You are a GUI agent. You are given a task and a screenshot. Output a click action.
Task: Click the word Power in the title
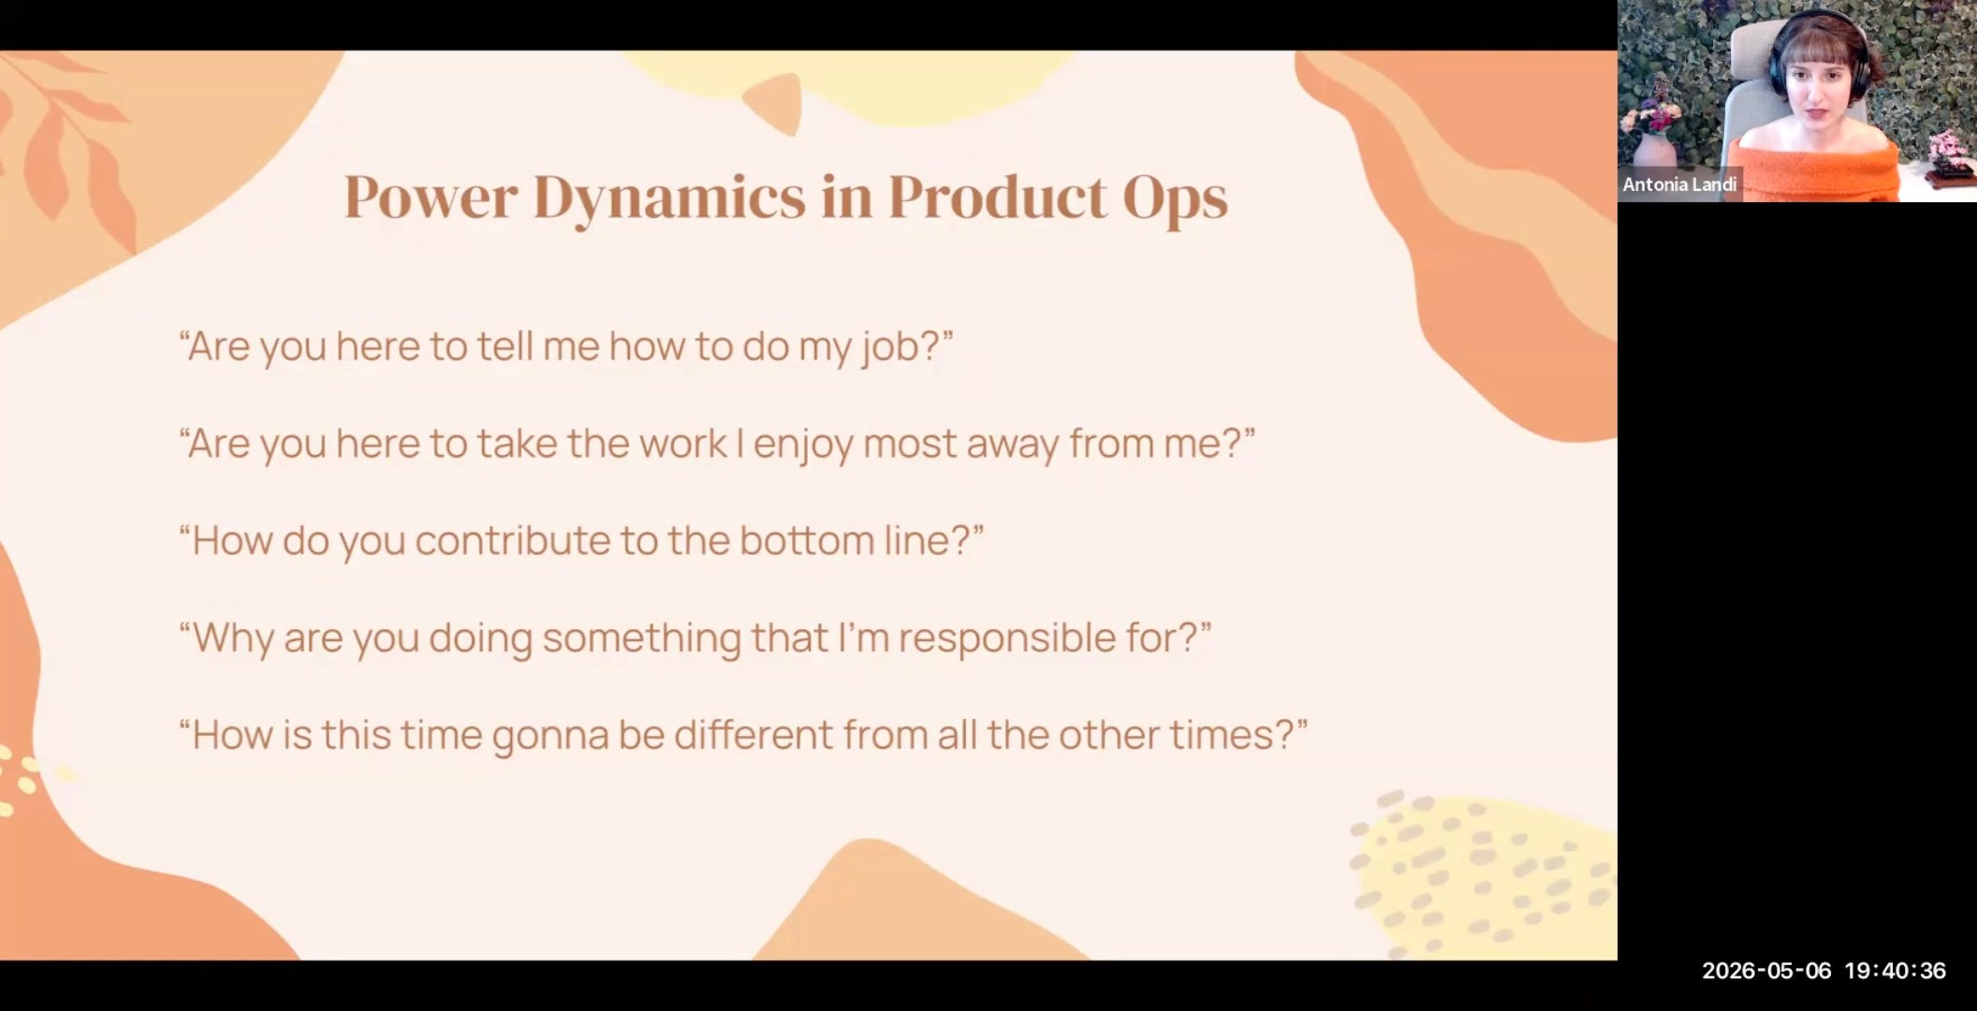(431, 197)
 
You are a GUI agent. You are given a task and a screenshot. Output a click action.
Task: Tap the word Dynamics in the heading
(669, 198)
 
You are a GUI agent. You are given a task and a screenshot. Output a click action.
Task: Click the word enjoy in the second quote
(803, 445)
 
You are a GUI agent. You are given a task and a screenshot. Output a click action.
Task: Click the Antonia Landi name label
(1679, 184)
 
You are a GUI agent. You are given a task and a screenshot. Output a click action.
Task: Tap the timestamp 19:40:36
(1895, 971)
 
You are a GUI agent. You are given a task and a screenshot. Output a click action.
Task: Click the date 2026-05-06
(1765, 971)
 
